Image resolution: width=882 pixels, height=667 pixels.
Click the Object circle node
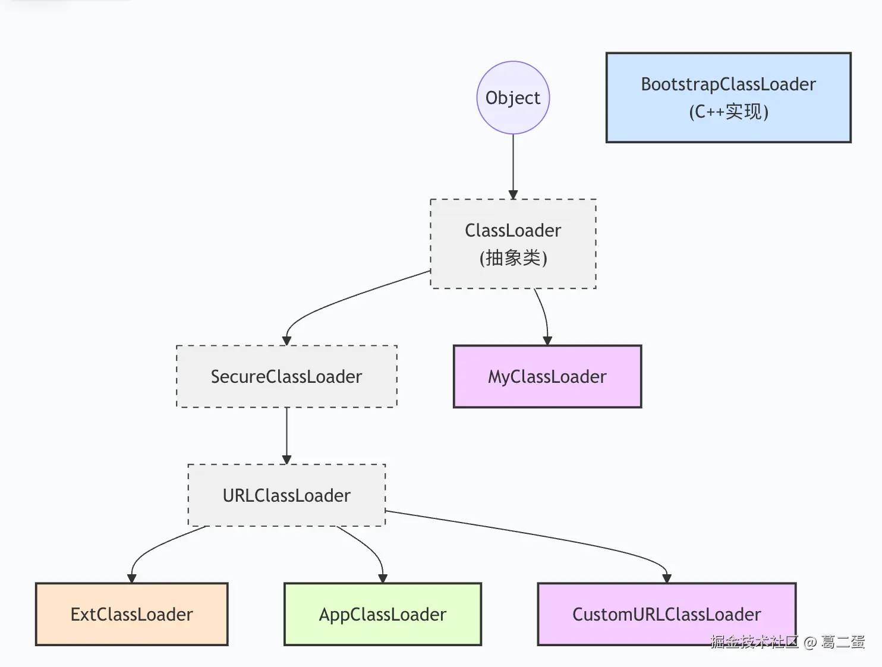tap(513, 97)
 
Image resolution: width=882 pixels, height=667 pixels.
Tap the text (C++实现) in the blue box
tap(729, 112)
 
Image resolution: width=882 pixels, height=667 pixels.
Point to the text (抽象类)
tap(513, 258)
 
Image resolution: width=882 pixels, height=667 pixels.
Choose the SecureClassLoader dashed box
tap(286, 376)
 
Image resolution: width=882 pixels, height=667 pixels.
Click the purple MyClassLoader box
tap(547, 376)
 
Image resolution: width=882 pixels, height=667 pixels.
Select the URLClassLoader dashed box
tap(286, 495)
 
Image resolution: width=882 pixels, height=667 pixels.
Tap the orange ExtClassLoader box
tap(131, 614)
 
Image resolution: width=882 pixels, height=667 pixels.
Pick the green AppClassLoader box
tap(382, 614)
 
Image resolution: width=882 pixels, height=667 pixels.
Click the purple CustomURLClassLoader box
tap(666, 614)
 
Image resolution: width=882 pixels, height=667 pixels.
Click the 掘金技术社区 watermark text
tap(754, 641)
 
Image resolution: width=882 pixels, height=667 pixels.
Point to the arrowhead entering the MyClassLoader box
tap(547, 341)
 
